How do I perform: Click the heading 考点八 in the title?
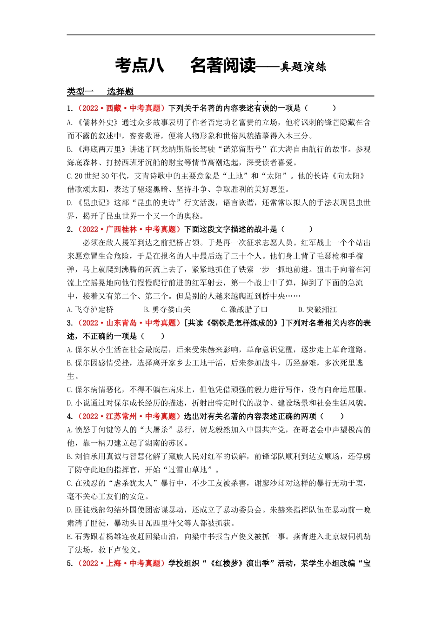tap(140, 66)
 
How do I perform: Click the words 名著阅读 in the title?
tap(223, 66)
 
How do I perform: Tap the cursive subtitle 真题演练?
tap(303, 67)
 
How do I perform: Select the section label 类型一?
tap(80, 92)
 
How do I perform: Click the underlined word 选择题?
tap(120, 92)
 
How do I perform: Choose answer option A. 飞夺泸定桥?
tap(90, 310)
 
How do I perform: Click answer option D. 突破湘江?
tap(317, 310)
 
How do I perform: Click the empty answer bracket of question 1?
tap(321, 108)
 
